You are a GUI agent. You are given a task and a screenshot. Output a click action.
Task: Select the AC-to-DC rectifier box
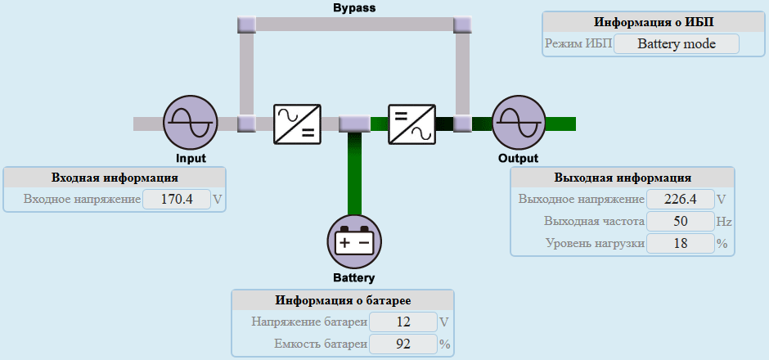[297, 124]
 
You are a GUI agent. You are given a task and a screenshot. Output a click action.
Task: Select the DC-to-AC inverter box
[411, 124]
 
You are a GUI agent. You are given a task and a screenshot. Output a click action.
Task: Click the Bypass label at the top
[354, 8]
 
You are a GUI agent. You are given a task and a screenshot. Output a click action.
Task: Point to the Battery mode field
[676, 44]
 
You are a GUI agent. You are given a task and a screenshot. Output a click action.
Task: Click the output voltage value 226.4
[679, 199]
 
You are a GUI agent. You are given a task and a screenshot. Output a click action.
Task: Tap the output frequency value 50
[679, 221]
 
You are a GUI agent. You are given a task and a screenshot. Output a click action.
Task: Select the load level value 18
[679, 243]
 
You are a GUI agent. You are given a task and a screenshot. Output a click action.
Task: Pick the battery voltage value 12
[403, 322]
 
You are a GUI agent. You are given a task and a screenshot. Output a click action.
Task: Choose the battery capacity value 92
[403, 344]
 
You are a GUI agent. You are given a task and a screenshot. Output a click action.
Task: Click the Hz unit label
[723, 221]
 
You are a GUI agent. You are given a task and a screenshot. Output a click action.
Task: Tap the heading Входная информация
[115, 178]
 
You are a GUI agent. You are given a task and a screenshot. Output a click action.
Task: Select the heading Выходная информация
[623, 178]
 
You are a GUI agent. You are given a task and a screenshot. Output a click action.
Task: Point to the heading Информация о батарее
[343, 300]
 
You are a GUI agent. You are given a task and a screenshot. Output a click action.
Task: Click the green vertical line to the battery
[355, 172]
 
